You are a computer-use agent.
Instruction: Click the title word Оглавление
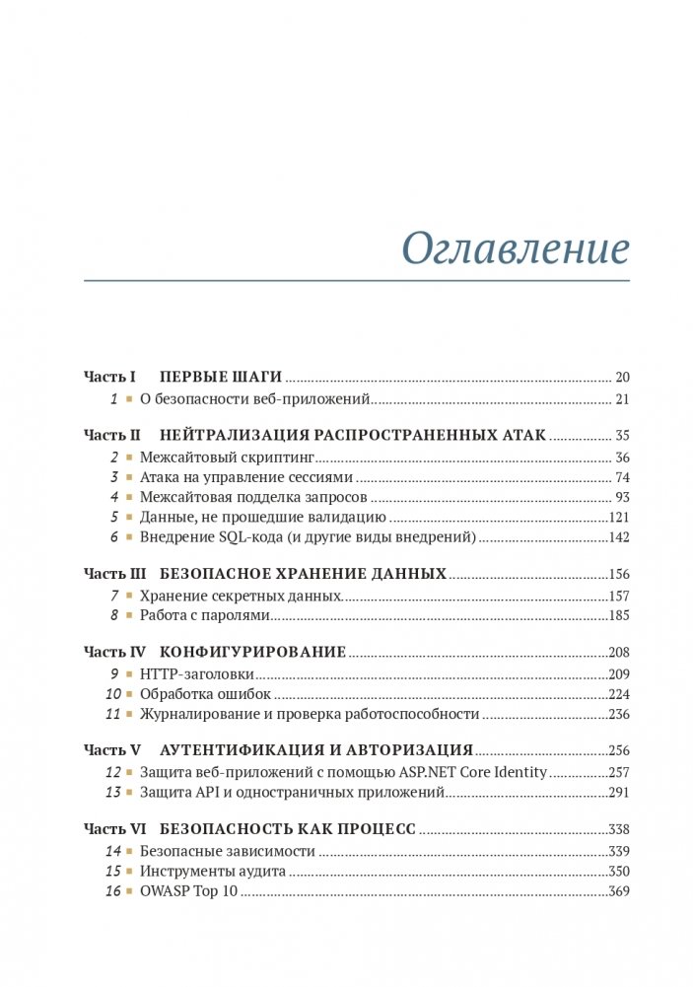pos(515,249)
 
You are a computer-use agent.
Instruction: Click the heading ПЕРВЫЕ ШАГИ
pos(221,376)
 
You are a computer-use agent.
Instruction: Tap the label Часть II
pos(113,434)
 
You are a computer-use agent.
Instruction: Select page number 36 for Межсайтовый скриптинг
pos(621,458)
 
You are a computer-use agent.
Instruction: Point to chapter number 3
pos(114,477)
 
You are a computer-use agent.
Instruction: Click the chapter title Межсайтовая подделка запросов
pos(253,497)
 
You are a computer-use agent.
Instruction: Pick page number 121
pos(618,517)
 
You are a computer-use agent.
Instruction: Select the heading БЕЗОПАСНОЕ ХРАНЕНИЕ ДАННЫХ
pos(303,573)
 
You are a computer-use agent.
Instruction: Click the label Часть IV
pos(114,652)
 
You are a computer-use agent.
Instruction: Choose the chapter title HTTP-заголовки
pos(197,675)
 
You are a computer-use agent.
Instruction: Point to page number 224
pos(618,694)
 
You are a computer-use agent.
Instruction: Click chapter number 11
pos(113,714)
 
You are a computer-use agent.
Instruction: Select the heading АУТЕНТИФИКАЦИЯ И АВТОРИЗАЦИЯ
pos(316,748)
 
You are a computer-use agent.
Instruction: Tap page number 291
pos(618,792)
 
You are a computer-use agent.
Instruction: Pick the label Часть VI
pos(114,827)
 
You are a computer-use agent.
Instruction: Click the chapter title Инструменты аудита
pos(213,871)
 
